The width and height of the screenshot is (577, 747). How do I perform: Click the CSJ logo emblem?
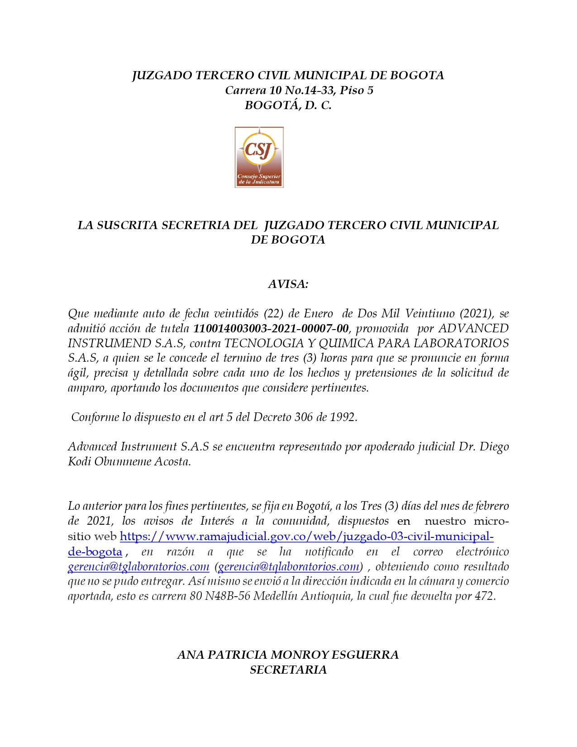point(259,157)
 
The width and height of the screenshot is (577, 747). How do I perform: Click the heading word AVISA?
point(288,284)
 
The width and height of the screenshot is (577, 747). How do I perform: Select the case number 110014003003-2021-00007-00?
point(271,328)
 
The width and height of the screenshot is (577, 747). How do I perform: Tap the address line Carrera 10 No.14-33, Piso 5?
point(299,90)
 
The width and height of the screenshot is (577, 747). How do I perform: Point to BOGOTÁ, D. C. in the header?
point(288,105)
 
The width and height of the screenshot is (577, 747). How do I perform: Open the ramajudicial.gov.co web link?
point(306,536)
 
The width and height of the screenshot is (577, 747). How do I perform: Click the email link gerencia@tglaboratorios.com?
point(138,566)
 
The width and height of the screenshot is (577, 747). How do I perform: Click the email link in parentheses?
point(289,566)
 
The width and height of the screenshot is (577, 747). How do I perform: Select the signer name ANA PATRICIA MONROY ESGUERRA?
point(288,655)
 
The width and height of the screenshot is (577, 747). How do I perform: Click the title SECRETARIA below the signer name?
point(288,670)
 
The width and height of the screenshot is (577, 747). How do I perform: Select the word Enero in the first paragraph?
point(318,313)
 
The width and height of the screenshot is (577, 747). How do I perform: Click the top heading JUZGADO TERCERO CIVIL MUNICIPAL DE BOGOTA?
point(288,75)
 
